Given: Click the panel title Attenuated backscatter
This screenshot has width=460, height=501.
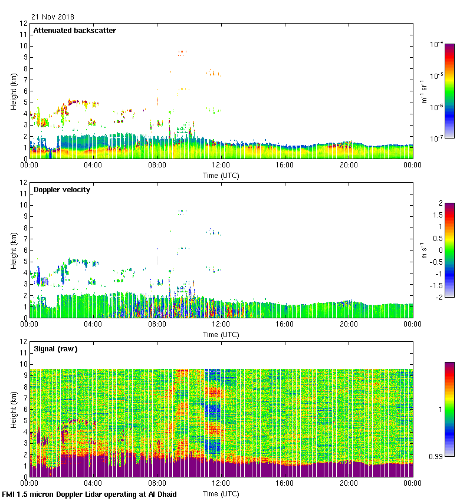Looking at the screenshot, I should coord(75,31).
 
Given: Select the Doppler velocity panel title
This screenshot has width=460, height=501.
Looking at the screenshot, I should coord(62,190).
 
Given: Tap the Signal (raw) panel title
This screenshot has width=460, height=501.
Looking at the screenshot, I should coord(55,349).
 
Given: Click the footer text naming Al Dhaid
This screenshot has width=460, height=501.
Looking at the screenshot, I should coord(90,494).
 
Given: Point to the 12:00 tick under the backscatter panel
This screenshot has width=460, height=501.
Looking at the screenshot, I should coord(221,166).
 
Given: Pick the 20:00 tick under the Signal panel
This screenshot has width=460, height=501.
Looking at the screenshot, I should coord(349,484).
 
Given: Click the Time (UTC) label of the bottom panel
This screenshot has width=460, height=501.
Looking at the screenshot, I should coord(221,493).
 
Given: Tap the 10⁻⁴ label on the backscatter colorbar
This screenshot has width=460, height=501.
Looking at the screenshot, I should coord(436,45).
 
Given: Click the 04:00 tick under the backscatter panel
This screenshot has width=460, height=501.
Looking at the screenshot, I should coord(93,166).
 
